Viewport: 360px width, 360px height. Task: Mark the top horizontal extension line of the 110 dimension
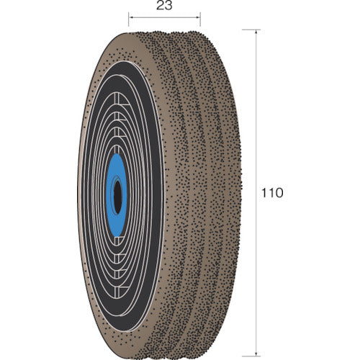coord(248,30)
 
